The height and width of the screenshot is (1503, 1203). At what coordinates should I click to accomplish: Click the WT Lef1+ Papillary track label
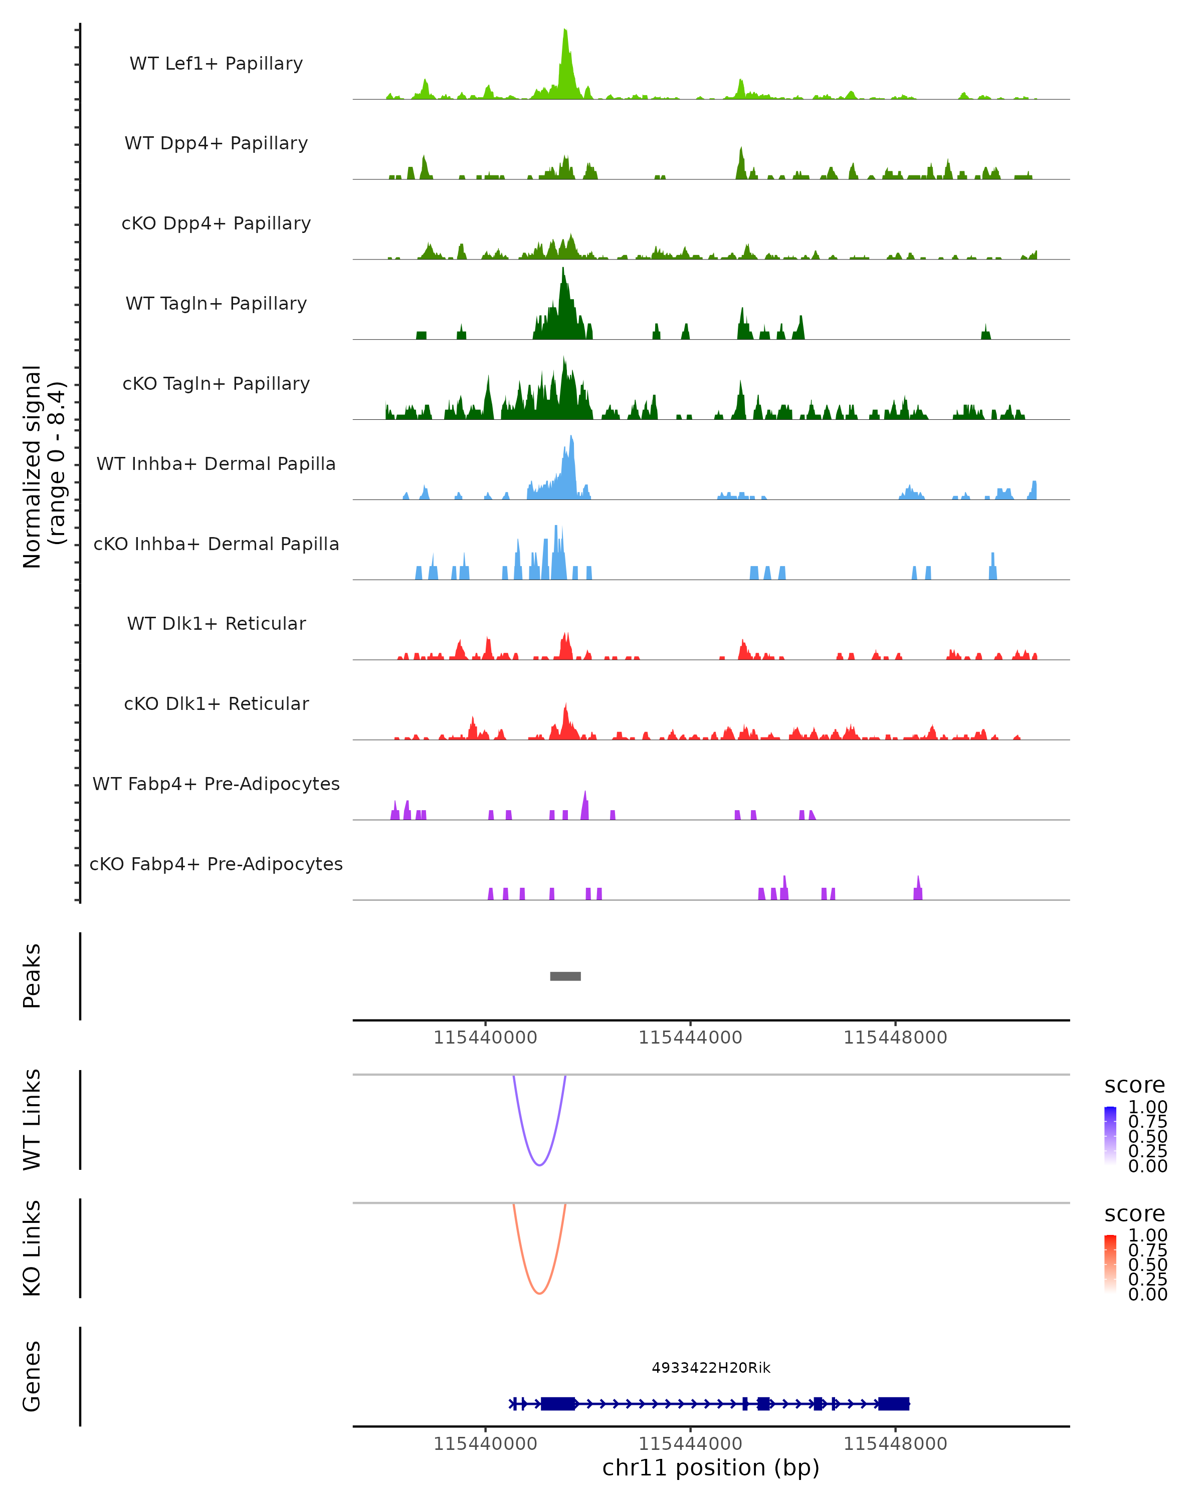pos(216,64)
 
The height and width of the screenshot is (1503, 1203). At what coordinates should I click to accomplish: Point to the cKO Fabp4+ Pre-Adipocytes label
pos(216,864)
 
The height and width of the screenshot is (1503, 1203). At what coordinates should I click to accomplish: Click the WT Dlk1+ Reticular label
pos(216,623)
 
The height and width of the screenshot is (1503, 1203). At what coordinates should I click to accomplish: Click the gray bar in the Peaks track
pos(565,976)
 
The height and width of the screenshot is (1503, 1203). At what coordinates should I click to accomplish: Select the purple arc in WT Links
pos(539,1164)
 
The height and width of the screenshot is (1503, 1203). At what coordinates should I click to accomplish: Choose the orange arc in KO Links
pos(539,1293)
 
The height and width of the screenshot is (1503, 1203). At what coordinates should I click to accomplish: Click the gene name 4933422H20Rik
pos(711,1368)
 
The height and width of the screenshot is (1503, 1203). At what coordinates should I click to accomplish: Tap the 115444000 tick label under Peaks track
pos(690,1038)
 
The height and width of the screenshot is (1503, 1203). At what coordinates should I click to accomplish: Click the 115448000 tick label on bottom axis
pos(895,1444)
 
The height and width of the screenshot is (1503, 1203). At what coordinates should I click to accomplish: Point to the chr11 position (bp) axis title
pos(711,1468)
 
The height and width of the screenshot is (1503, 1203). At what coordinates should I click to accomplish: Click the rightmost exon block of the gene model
pos(893,1403)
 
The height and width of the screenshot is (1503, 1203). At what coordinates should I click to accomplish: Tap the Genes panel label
pos(32,1376)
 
